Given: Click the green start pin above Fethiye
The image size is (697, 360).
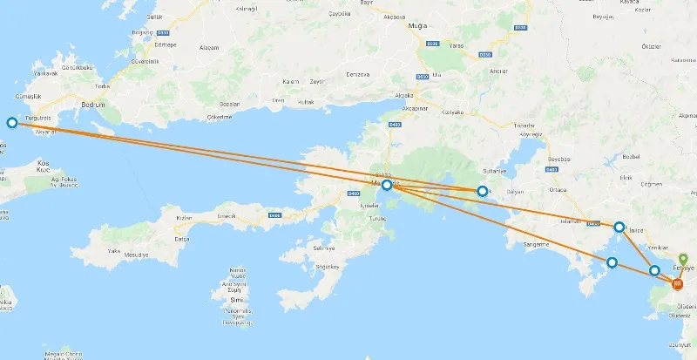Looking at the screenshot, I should click(683, 260).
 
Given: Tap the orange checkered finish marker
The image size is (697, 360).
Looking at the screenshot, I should click(678, 283).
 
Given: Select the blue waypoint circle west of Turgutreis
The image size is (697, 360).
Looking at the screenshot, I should click(12, 123).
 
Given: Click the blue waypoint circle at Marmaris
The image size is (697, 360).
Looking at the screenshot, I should click(387, 185).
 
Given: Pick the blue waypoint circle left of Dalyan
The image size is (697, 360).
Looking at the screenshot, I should click(482, 190).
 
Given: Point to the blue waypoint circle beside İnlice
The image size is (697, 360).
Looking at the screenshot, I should click(619, 228).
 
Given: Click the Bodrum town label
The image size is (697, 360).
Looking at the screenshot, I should click(91, 105).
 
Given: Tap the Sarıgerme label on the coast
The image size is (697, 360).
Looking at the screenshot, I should click(534, 244).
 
